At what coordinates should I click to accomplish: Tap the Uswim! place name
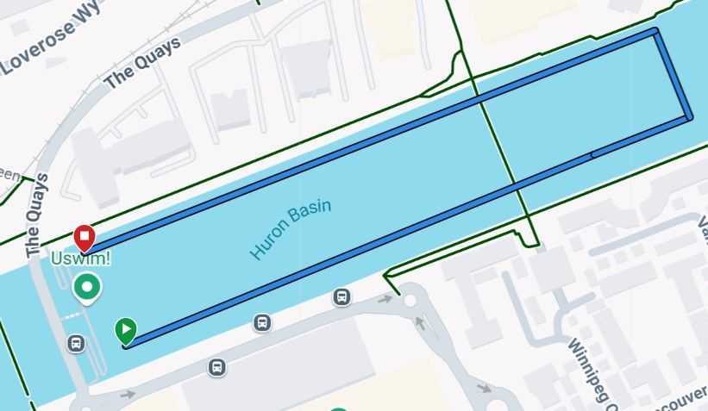(81, 258)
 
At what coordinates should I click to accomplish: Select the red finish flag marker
(85, 237)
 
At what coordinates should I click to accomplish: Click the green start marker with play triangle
(125, 329)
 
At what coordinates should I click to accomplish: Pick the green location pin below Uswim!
(87, 287)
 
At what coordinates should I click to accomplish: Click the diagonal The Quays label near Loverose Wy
(142, 63)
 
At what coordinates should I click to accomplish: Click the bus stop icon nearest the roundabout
(342, 298)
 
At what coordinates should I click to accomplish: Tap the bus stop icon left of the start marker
(76, 343)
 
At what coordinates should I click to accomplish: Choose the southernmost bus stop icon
(216, 368)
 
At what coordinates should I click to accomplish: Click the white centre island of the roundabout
(410, 302)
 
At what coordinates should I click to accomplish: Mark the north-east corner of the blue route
(656, 32)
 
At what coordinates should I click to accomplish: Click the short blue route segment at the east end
(673, 75)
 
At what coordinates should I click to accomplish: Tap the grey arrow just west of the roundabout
(385, 300)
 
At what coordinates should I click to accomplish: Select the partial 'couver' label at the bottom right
(681, 402)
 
